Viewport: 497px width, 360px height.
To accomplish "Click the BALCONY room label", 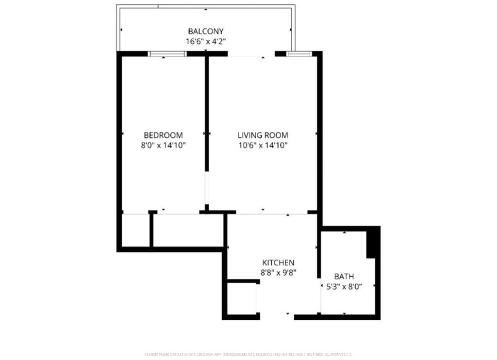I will pyautogui.click(x=206, y=32).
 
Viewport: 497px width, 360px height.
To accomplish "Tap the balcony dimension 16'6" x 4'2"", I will pyautogui.click(x=206, y=42).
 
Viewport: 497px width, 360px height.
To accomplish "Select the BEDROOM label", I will pyautogui.click(x=163, y=135).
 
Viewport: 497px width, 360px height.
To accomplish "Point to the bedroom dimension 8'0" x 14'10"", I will pyautogui.click(x=163, y=145).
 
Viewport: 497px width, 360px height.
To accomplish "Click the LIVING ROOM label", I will pyautogui.click(x=263, y=135).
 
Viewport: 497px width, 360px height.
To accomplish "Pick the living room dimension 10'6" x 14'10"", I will pyautogui.click(x=263, y=145).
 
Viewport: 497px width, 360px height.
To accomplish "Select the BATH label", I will pyautogui.click(x=344, y=277).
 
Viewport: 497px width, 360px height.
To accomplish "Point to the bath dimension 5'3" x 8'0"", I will pyautogui.click(x=344, y=286).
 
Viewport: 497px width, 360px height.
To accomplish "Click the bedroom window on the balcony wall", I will pyautogui.click(x=167, y=54).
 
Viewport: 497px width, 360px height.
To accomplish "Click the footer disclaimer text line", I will pyautogui.click(x=248, y=354).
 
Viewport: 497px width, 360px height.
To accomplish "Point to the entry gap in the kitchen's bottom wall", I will pyautogui.click(x=277, y=317).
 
